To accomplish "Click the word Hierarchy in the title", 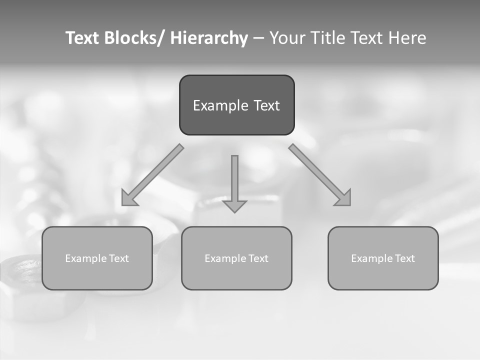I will pos(208,38).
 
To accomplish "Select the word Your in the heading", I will pos(287,38).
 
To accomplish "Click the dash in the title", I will pos(258,38).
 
